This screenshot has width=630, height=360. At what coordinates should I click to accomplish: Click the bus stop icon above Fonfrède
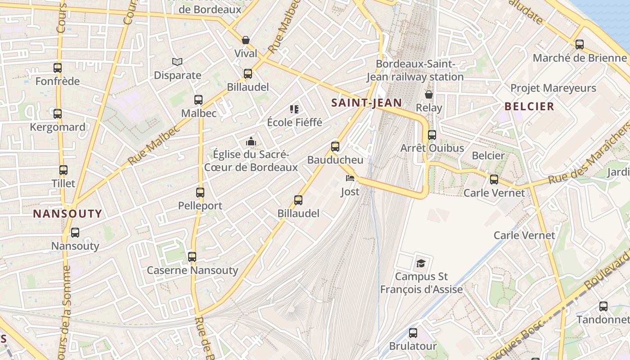pos(58,68)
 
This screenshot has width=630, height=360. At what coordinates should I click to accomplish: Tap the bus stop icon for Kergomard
pos(58,114)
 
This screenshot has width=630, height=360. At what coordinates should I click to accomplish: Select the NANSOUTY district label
pos(67,214)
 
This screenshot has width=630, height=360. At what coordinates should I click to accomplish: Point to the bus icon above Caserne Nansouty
pos(192,257)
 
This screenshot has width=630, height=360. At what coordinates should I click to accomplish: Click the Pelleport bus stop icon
pos(200,193)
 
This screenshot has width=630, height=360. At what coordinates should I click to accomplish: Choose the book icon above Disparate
pos(177,62)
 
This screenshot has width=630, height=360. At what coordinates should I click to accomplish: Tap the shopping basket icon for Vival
pos(246,40)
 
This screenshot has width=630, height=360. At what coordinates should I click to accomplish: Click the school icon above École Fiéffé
pos(294,109)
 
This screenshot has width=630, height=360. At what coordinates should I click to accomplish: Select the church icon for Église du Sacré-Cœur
pos(251,142)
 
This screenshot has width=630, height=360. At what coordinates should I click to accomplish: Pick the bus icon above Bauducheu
pos(335,146)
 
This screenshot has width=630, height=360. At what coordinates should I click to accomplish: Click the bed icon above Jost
pos(350,178)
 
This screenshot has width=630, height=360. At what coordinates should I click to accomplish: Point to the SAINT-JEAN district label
pos(367,103)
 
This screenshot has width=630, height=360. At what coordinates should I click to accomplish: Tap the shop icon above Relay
pos(429,94)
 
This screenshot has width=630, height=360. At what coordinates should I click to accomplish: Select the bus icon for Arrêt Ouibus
pos(432,135)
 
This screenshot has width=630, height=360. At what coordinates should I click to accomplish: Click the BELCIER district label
pos(529,107)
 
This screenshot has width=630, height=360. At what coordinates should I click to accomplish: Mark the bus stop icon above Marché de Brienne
pos(580,45)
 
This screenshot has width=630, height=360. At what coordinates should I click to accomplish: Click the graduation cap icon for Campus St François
pos(421,263)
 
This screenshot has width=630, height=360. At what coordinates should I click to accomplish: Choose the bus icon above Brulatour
pos(413,333)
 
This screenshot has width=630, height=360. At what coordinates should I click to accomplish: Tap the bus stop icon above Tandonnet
pos(603,306)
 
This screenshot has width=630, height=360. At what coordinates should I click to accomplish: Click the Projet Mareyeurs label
pos(553,88)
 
